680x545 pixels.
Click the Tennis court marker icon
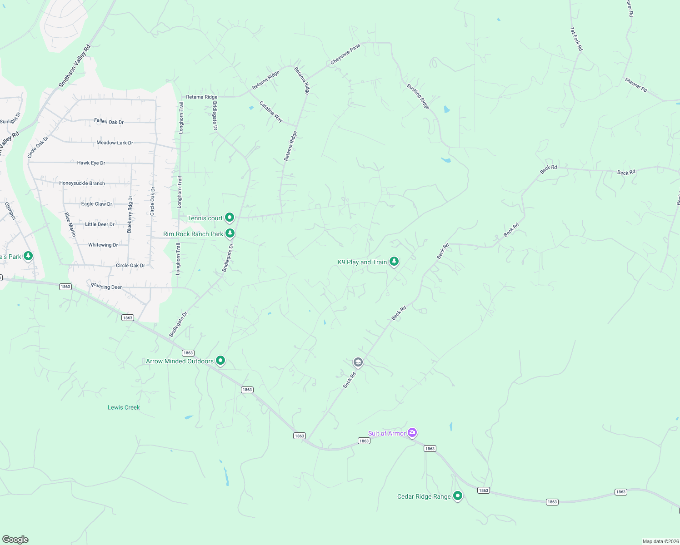pos(230,218)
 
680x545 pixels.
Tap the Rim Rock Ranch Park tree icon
pos(230,233)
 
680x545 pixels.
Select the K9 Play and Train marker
pos(394,261)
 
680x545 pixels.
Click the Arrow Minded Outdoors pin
pos(220,361)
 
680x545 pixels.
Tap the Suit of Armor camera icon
pos(412,432)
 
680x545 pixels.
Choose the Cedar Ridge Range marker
pos(458,496)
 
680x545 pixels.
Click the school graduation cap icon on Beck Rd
pos(358,362)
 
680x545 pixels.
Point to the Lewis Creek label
pos(124,407)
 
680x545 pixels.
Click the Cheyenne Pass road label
pos(345,54)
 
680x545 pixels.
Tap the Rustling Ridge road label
pos(418,96)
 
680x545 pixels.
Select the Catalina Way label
pos(271,112)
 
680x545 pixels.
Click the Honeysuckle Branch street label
pos(82,183)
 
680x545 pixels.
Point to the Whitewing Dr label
pos(103,245)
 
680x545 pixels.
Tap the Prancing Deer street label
pos(106,287)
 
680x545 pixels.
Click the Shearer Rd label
pos(636,85)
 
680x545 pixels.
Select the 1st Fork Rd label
pos(576,39)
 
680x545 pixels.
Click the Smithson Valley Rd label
pos(75,66)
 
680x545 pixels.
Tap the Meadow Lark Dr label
pos(115,143)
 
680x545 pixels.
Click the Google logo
pos(15,540)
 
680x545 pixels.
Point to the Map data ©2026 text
pos(660,541)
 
